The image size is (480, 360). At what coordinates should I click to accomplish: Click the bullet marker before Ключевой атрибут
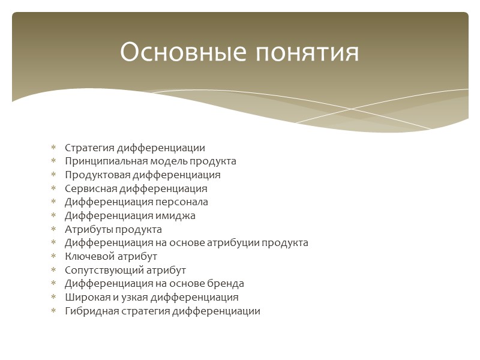point(53,257)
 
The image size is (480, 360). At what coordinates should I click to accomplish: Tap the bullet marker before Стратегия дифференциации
point(53,148)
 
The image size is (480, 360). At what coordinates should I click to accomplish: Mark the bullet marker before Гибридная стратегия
point(53,311)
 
